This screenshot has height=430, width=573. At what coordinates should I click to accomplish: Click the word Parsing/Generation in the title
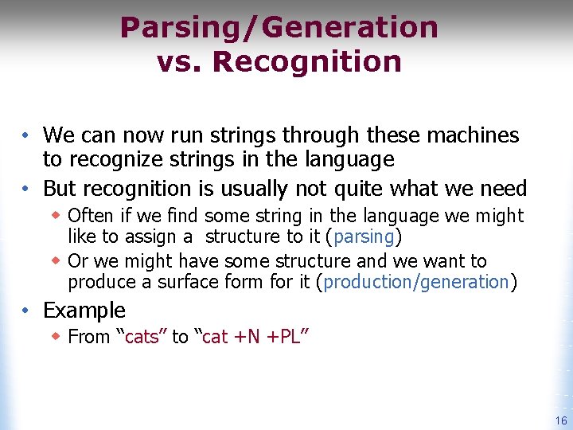point(279,28)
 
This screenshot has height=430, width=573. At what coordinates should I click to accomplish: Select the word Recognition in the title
point(306,61)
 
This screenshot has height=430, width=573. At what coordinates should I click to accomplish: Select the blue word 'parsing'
point(365,236)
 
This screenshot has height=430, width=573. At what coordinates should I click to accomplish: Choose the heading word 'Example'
point(84,310)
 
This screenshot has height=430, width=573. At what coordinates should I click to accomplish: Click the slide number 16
point(561,420)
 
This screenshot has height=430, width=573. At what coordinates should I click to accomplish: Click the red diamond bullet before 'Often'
point(57,216)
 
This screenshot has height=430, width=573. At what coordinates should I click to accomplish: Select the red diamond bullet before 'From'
point(57,337)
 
